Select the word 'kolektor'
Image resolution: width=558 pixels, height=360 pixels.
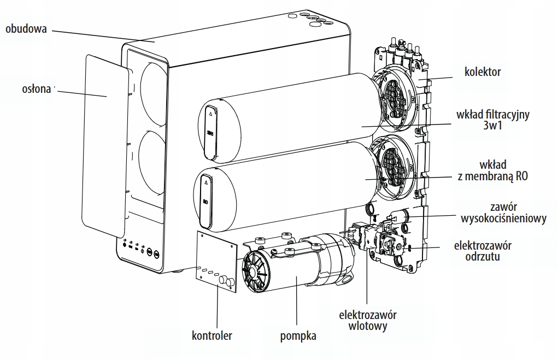point(483,72)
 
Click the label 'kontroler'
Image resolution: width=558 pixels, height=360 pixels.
point(212,335)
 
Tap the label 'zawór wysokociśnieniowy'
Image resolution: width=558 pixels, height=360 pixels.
point(503,213)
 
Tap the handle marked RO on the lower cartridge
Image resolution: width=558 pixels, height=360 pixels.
point(206,200)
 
